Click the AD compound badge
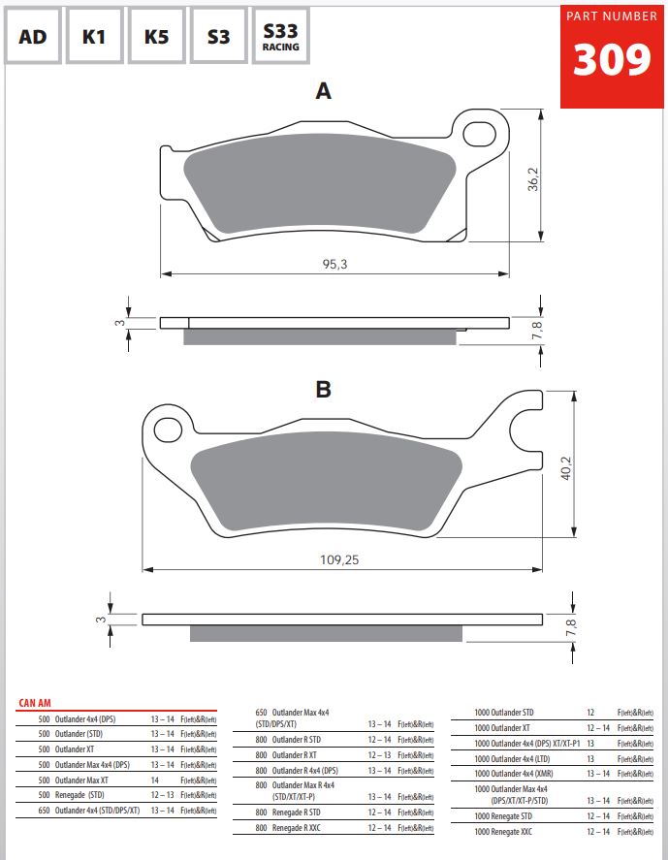coord(33,37)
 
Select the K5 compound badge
coord(156,37)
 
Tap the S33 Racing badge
coord(280,37)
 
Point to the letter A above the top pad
coord(324,92)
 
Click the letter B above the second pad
coord(324,390)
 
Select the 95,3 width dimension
coord(334,264)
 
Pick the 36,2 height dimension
coord(532,179)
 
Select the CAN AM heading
coord(36,703)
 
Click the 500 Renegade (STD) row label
coord(79,794)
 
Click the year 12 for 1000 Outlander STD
coord(590,713)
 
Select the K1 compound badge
coord(94,37)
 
